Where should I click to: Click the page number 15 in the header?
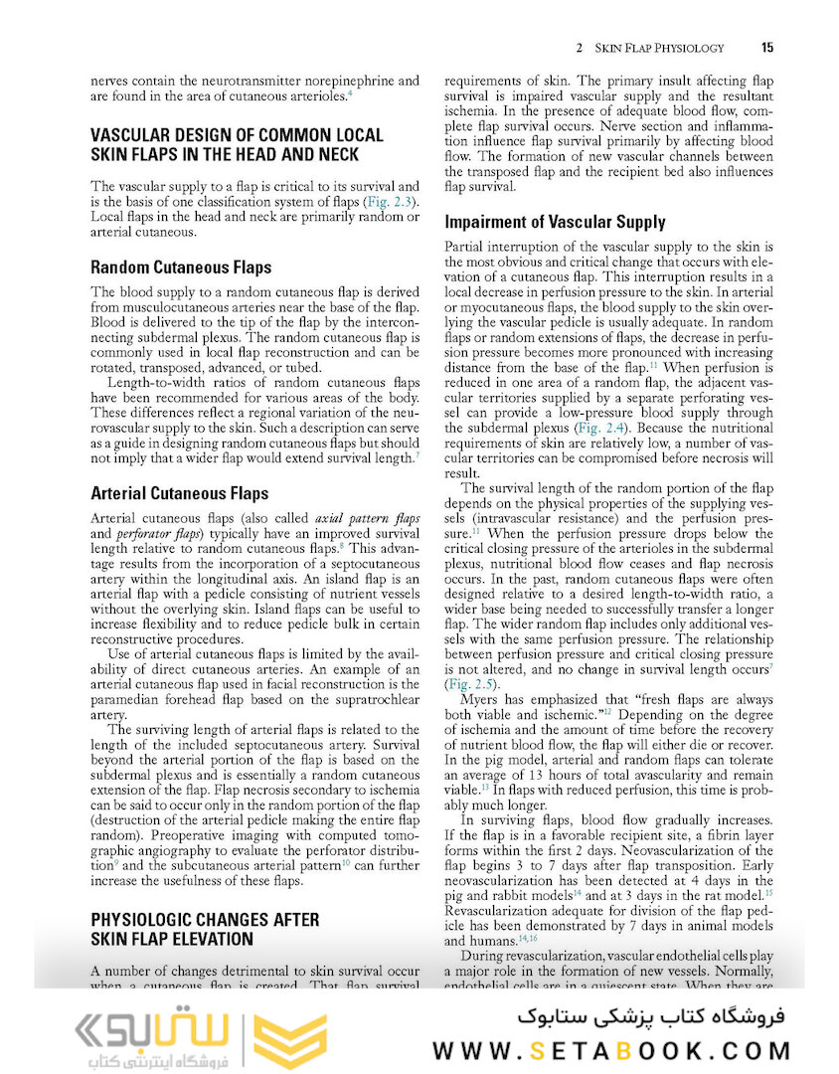766,47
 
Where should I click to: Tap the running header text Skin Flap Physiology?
659,48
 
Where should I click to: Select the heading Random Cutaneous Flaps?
180,268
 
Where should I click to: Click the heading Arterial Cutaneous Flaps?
179,493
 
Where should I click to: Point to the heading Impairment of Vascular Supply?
555,223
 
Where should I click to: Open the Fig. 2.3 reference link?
389,202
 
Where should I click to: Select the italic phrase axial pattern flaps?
367,519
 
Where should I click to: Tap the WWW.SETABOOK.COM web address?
611,1051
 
